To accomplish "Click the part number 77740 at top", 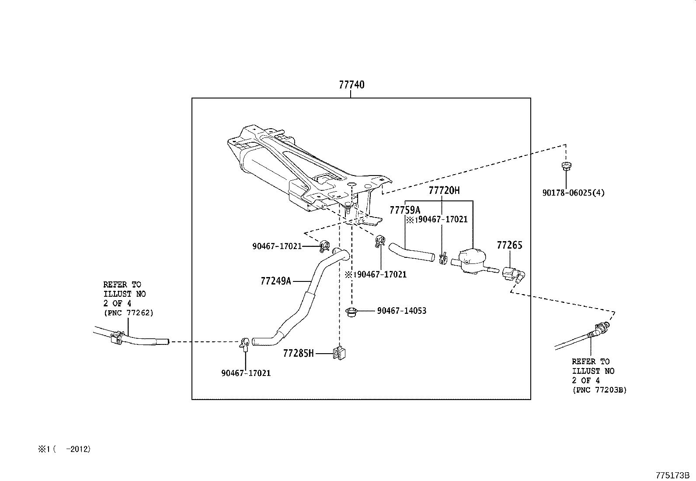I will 351,85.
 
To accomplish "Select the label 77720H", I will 444,190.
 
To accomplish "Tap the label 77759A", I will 404,211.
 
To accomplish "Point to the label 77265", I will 509,245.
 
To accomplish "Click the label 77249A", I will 275,281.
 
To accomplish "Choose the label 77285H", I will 298,353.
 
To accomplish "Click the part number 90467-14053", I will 401,311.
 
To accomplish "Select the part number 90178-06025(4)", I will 573,193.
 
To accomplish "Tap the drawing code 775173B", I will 672,475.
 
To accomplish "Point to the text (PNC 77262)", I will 128,313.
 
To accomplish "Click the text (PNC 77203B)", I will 599,390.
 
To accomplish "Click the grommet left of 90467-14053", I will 351,312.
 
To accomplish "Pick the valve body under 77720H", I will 470,260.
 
